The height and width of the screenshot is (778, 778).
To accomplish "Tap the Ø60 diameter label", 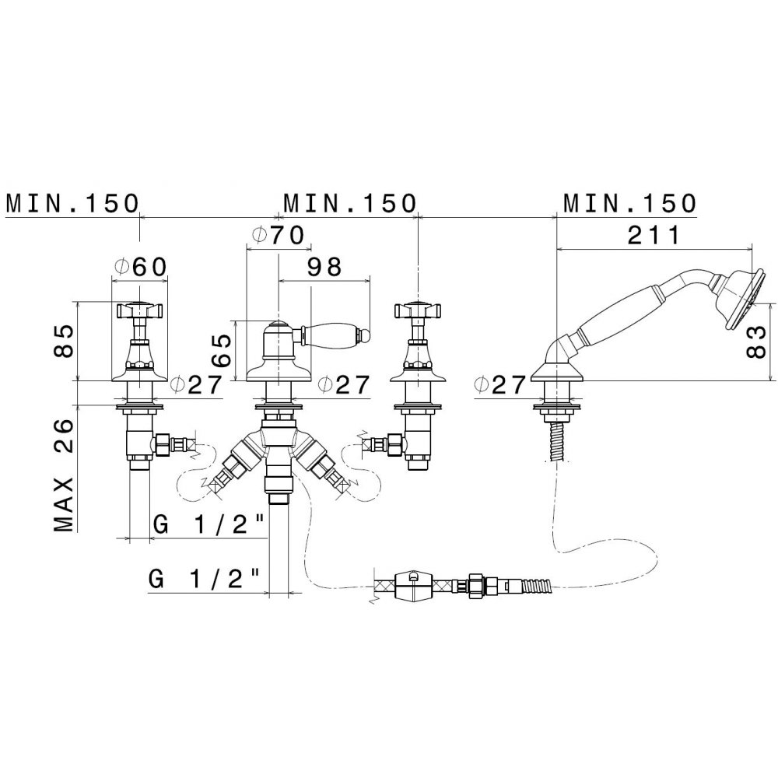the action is pyautogui.click(x=140, y=268).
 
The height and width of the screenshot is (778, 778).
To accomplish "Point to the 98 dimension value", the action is pyautogui.click(x=324, y=268).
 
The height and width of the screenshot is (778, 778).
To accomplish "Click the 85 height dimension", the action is pyautogui.click(x=64, y=341).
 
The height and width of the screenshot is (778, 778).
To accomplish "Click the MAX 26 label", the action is pyautogui.click(x=64, y=475).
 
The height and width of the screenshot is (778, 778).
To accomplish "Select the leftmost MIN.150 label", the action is pyautogui.click(x=72, y=203).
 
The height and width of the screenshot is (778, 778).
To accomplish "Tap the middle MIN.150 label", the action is pyautogui.click(x=349, y=203).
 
